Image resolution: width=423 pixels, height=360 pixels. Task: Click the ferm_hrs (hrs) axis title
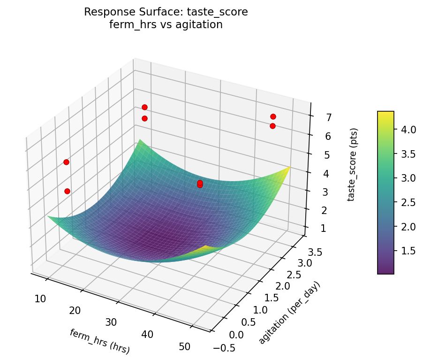click(x=99, y=341)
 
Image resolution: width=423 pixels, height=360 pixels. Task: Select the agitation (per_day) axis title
click(x=289, y=313)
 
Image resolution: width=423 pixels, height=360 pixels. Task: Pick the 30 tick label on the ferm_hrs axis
click(x=111, y=322)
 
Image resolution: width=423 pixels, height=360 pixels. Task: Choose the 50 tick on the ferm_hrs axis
click(x=184, y=346)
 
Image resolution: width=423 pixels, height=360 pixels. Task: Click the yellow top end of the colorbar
click(x=385, y=114)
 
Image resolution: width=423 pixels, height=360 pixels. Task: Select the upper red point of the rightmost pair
click(x=273, y=116)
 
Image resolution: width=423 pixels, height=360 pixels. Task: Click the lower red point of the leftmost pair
click(x=67, y=191)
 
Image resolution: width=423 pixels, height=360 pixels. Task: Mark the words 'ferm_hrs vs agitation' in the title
click(x=166, y=25)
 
